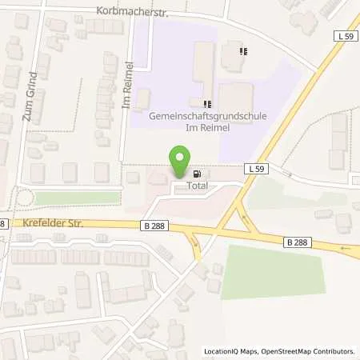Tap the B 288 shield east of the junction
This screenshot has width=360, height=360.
click(x=296, y=241)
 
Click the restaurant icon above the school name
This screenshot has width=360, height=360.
click(x=207, y=103)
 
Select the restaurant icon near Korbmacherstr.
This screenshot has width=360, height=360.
click(x=242, y=52)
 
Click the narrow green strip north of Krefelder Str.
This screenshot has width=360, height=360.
click(x=79, y=197)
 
